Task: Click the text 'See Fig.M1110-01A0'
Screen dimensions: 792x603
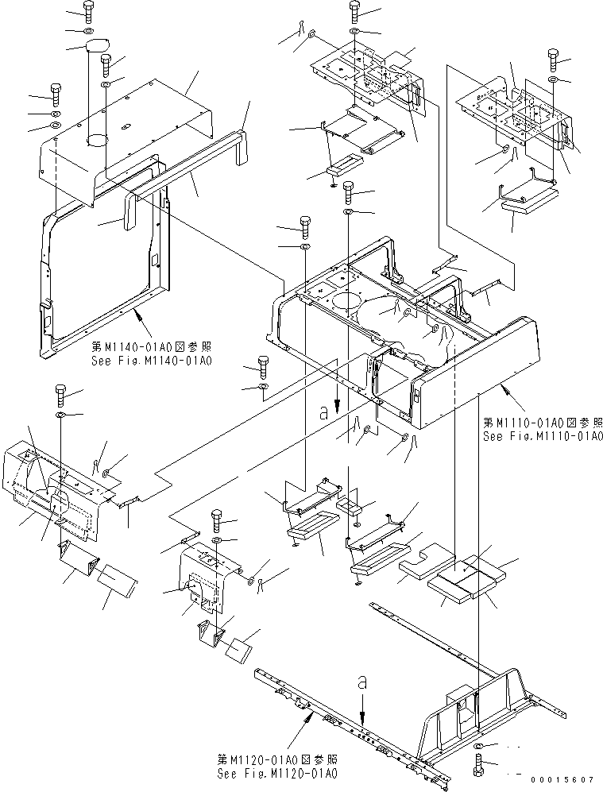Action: (x=543, y=436)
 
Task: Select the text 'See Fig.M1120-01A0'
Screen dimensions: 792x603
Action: (x=276, y=773)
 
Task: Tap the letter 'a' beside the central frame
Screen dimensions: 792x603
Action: (x=323, y=412)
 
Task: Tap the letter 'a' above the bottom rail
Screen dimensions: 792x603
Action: (x=362, y=682)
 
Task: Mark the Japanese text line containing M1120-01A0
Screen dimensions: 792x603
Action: (x=276, y=759)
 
